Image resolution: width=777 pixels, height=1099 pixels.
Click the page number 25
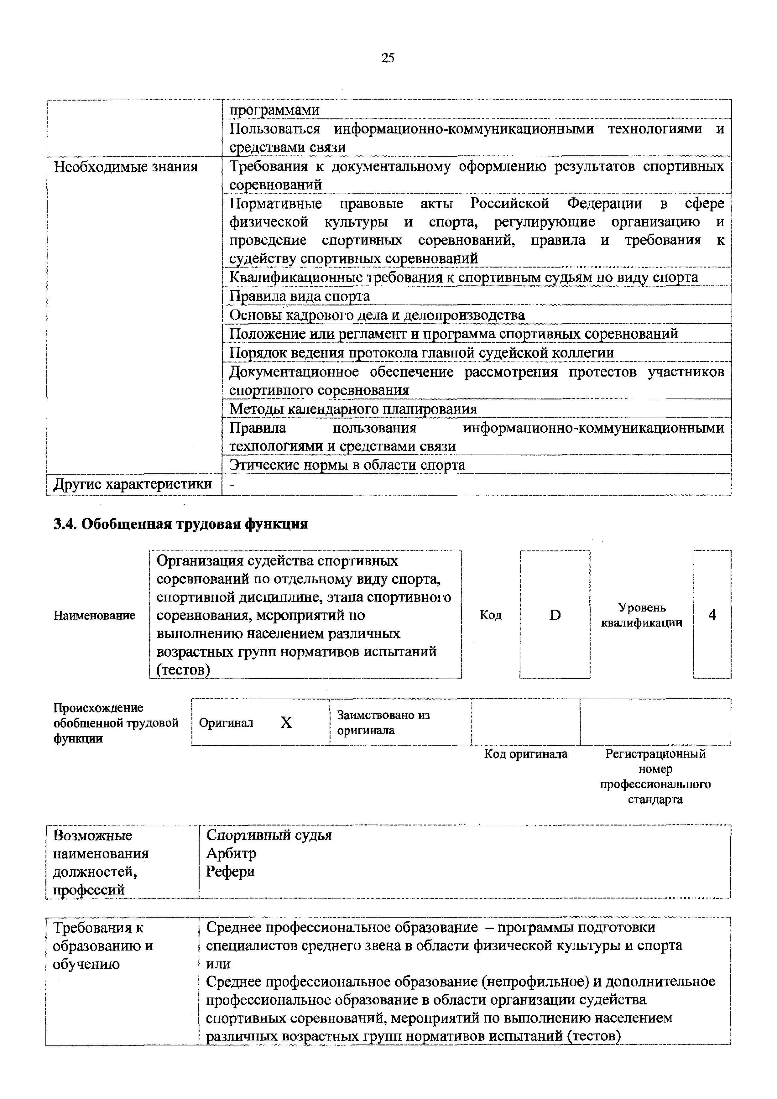[x=388, y=58]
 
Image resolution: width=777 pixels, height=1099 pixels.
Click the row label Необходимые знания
[x=125, y=167]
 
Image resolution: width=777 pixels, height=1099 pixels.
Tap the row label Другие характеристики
[x=133, y=484]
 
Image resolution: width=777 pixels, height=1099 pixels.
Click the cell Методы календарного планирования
[x=353, y=409]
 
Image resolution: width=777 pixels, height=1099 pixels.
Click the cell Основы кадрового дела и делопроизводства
[x=377, y=315]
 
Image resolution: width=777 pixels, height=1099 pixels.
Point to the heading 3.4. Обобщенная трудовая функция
[x=180, y=524]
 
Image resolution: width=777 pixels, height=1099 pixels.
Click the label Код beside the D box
[x=491, y=615]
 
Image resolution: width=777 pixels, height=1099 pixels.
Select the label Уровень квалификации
[x=642, y=615]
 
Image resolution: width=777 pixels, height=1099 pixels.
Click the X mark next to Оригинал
[x=286, y=722]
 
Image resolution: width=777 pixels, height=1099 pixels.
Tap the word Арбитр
[x=231, y=853]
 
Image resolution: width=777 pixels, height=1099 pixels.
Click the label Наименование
[x=94, y=616]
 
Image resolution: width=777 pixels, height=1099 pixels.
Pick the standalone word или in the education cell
[x=218, y=964]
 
